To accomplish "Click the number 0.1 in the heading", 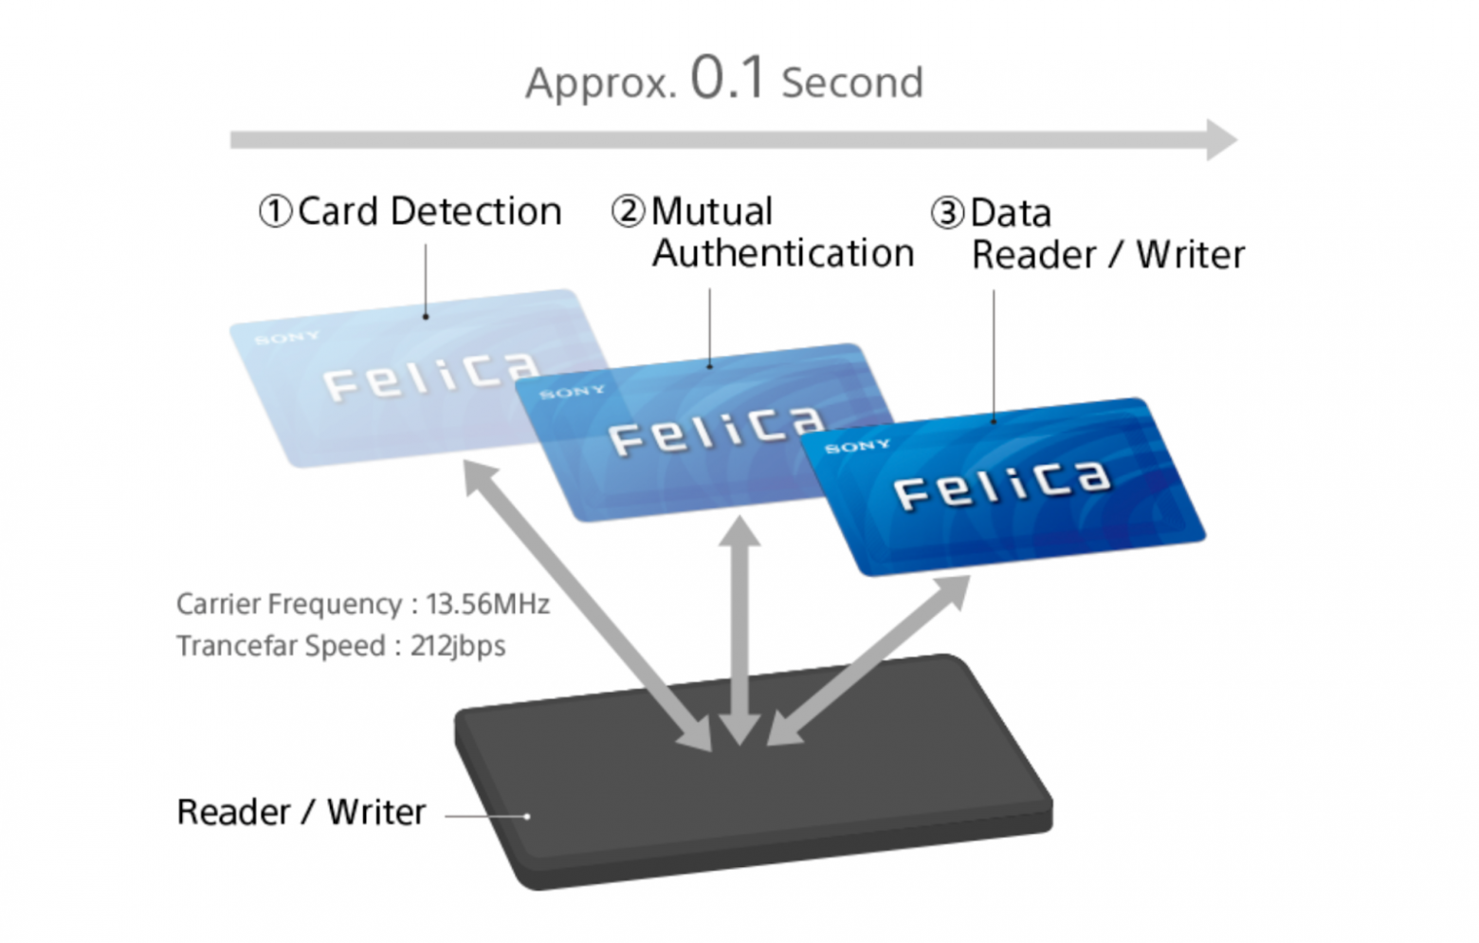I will [x=727, y=78].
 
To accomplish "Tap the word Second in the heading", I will [x=851, y=83].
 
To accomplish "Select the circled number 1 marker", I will [x=275, y=212].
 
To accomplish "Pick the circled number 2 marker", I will [x=628, y=212].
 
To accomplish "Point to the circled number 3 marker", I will [x=947, y=213].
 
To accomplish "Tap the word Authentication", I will [x=783, y=254].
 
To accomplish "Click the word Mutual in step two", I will [x=712, y=212].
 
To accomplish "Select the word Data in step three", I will [x=1011, y=213].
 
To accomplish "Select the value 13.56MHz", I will [x=487, y=604].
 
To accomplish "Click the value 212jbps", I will [x=458, y=646].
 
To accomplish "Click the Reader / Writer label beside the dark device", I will [x=301, y=813].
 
